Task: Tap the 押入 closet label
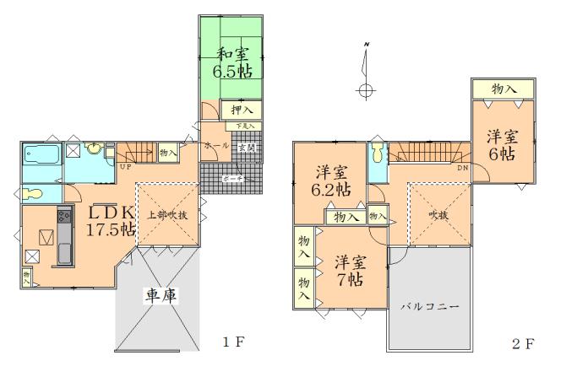pyautogui.click(x=242, y=110)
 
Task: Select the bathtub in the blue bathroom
pyautogui.click(x=41, y=155)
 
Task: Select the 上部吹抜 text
pyautogui.click(x=168, y=214)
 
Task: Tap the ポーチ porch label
pyautogui.click(x=234, y=179)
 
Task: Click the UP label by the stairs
pyautogui.click(x=124, y=167)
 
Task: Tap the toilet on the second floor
pyautogui.click(x=377, y=154)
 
